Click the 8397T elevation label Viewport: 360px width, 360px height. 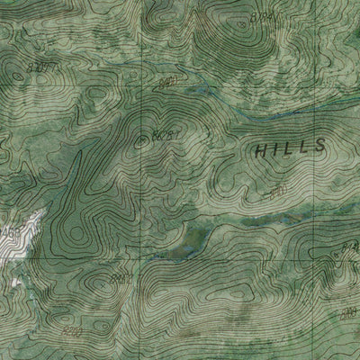tap(41, 67)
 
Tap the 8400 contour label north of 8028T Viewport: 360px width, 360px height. tap(165, 83)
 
